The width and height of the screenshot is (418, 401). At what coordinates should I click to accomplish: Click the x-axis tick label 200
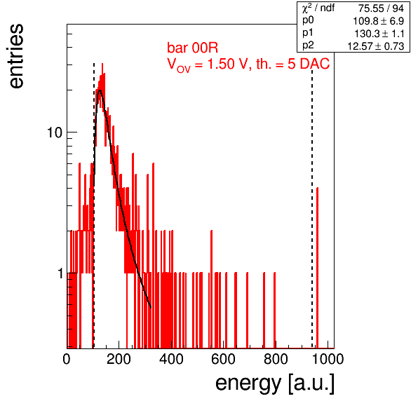119,359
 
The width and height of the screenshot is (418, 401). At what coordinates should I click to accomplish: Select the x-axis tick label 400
171,359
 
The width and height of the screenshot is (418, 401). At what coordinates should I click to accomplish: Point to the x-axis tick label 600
224,359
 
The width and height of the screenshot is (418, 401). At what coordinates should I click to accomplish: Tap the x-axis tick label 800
276,359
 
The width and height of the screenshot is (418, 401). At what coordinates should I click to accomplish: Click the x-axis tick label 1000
328,359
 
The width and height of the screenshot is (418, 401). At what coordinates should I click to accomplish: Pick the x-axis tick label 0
67,359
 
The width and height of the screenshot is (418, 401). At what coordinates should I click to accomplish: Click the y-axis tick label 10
55,132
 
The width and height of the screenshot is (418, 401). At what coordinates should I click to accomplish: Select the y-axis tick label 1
60,273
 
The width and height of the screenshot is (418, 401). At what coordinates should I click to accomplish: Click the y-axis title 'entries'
17,56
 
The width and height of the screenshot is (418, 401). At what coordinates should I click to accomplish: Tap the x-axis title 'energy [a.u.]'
275,383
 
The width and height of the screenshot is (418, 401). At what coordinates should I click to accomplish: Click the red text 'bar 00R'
192,48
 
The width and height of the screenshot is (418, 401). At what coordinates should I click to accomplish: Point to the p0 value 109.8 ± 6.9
378,21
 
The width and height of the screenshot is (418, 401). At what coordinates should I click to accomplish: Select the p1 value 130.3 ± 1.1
379,34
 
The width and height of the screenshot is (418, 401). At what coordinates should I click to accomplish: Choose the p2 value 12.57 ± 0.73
376,46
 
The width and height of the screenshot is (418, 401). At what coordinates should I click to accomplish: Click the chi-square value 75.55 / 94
381,8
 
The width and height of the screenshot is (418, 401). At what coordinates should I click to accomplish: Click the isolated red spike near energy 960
317,268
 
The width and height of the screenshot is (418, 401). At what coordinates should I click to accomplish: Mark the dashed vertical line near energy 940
312,205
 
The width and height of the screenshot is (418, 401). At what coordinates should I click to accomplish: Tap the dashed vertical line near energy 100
94,205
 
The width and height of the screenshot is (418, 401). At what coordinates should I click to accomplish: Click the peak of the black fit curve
100,90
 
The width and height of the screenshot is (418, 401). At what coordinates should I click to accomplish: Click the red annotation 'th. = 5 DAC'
292,64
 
